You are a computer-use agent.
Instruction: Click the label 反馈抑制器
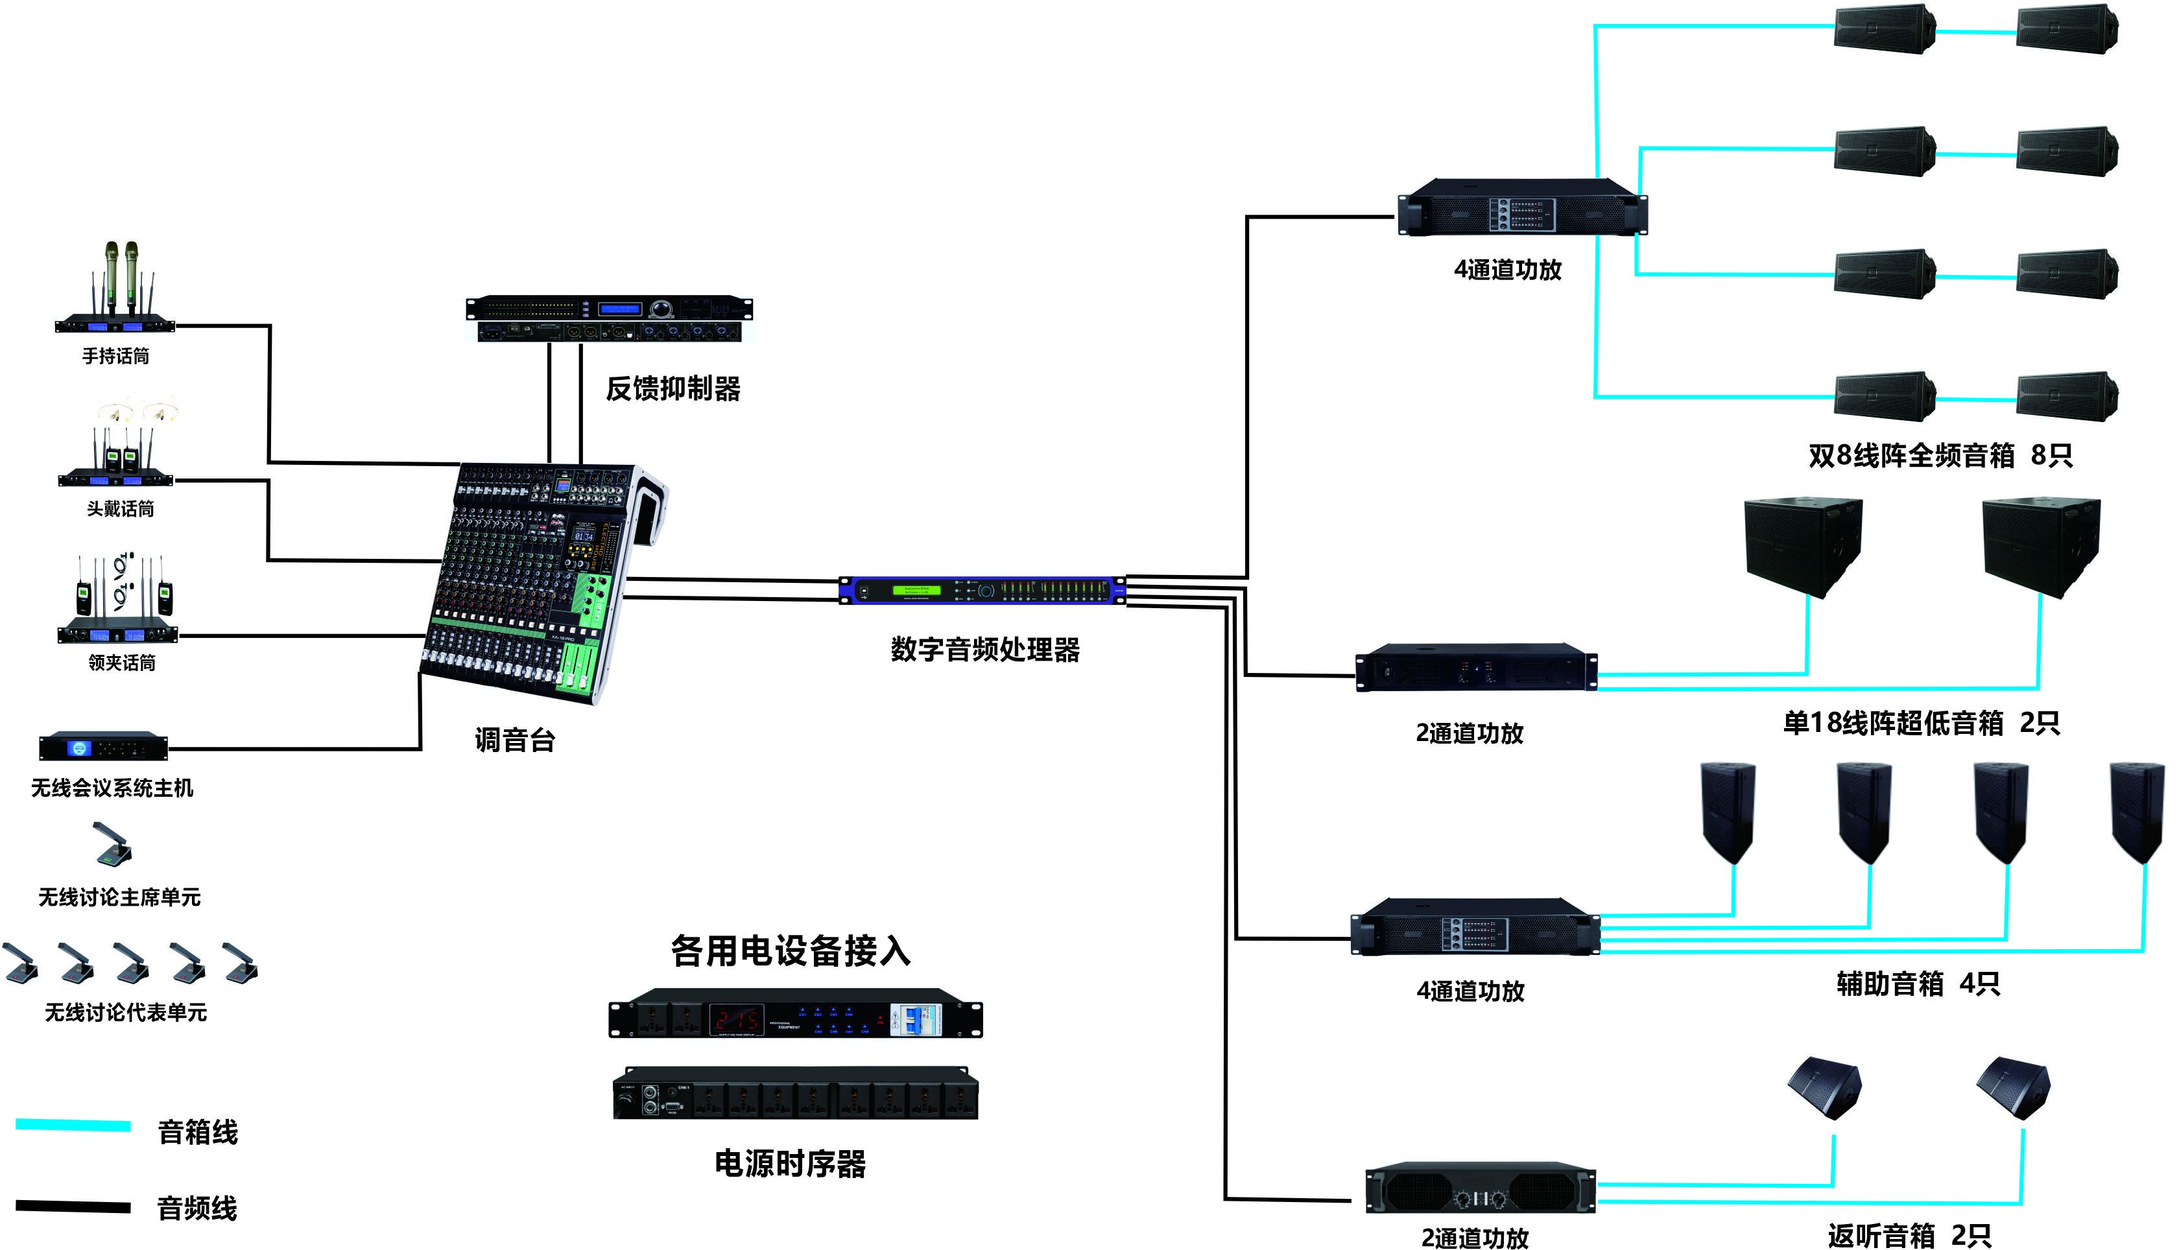[x=673, y=389]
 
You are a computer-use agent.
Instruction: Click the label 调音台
[x=514, y=739]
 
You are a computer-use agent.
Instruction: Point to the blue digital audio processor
[x=981, y=591]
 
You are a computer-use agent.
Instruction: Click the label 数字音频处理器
[x=984, y=650]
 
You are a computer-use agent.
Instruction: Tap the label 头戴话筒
[x=120, y=509]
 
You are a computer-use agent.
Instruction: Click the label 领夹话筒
[x=122, y=663]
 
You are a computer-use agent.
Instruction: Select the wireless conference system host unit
[x=103, y=747]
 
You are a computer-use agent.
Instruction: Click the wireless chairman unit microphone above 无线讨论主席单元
[x=113, y=845]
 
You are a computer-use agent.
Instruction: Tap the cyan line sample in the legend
[x=73, y=1126]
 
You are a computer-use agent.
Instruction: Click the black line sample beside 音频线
[x=73, y=1206]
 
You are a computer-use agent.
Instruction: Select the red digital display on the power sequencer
[x=736, y=1020]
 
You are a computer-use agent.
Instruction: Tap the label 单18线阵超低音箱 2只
[x=1921, y=723]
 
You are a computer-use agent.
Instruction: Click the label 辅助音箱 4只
[x=1917, y=984]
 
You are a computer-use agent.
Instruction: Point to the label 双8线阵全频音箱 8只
[x=1940, y=455]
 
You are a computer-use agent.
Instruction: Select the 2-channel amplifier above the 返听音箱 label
[x=1479, y=1190]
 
